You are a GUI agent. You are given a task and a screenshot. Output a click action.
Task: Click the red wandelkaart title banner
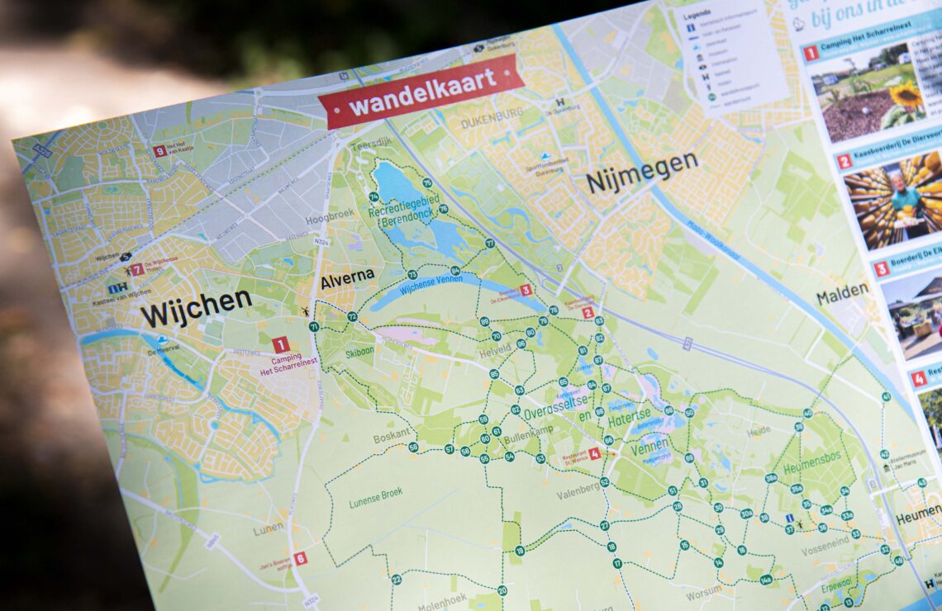[x=421, y=91]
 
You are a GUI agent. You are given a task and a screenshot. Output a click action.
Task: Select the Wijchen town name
[x=196, y=307]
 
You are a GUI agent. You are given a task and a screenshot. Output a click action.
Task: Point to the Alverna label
[x=347, y=277]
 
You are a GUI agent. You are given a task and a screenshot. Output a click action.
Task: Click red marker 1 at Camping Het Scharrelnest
[x=281, y=344]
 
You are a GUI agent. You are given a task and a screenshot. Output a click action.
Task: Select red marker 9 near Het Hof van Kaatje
[x=159, y=151]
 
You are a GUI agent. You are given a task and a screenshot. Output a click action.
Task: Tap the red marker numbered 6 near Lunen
[x=300, y=558]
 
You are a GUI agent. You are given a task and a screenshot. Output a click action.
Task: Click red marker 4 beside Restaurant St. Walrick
[x=593, y=453]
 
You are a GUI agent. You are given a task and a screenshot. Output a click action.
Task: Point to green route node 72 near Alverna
[x=352, y=316]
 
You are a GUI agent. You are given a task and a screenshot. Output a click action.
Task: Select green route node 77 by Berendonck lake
[x=490, y=244]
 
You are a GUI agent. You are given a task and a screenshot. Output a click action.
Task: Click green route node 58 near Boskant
[x=413, y=447]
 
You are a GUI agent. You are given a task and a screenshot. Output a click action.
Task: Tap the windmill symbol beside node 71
[x=306, y=312]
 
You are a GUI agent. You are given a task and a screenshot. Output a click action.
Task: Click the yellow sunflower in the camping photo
[x=906, y=97]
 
